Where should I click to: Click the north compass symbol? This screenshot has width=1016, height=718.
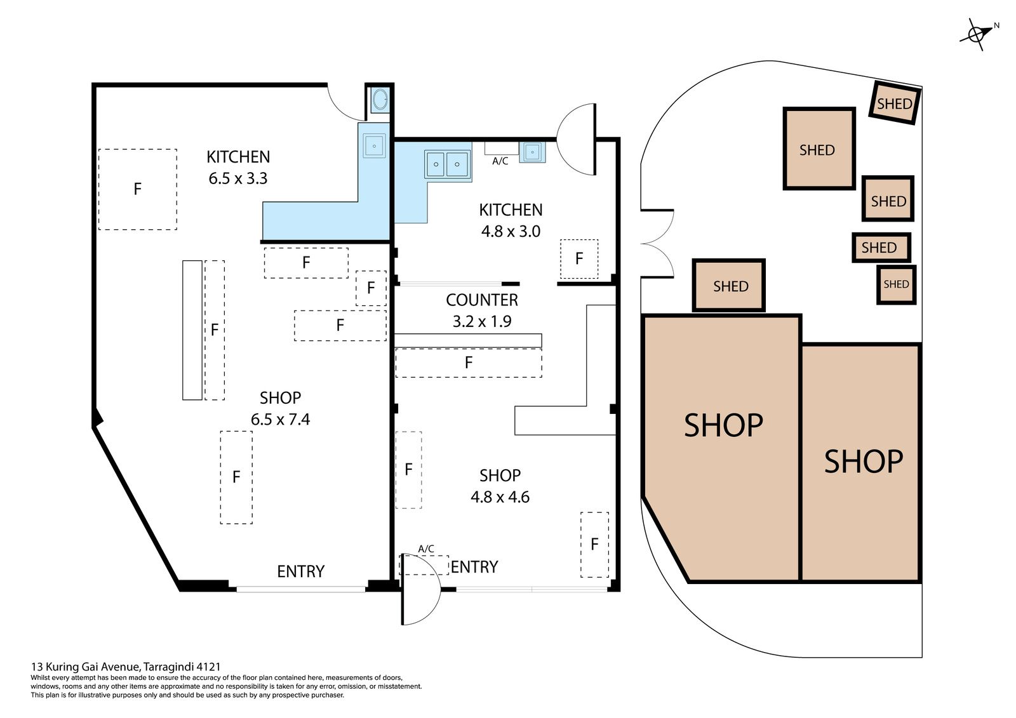click(x=975, y=34)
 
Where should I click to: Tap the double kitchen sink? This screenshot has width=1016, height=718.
click(x=447, y=164)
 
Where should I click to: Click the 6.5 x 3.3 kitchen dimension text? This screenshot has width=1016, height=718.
click(x=238, y=178)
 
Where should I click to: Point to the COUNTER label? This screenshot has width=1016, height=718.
click(x=482, y=300)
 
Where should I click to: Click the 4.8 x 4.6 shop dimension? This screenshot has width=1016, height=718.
click(x=500, y=497)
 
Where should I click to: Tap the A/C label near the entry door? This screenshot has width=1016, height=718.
click(x=426, y=549)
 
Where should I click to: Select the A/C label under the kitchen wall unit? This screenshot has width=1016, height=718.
click(x=500, y=161)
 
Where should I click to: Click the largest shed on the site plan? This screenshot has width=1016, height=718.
click(x=819, y=149)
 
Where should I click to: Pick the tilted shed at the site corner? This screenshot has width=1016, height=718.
click(x=895, y=103)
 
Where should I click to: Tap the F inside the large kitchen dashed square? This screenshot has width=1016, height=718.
click(x=137, y=189)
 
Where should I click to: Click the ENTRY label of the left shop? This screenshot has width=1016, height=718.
click(x=301, y=571)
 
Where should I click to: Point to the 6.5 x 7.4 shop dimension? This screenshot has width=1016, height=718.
click(x=280, y=419)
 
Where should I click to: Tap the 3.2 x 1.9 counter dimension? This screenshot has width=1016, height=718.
click(x=482, y=321)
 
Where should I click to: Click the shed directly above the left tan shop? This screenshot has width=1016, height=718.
click(x=729, y=285)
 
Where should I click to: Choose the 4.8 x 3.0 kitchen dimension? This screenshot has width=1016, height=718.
click(x=511, y=231)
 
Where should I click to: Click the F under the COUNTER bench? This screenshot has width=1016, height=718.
click(x=469, y=362)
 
